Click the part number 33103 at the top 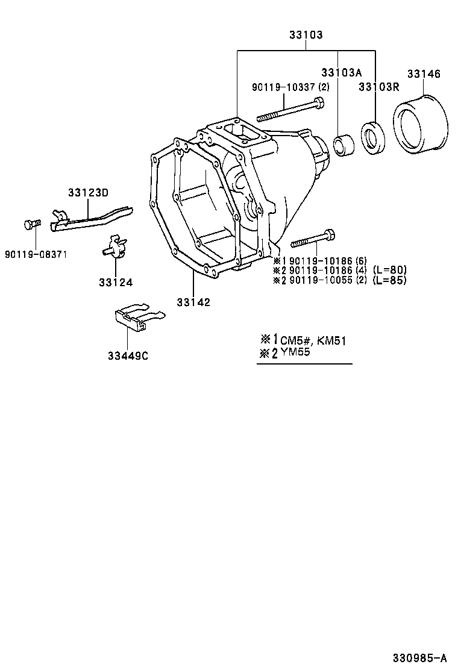(306, 35)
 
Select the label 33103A (341, 73)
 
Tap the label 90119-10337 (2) (290, 87)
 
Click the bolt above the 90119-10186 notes (313, 240)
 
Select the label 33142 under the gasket (193, 302)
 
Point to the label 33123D (88, 192)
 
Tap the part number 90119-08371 (36, 254)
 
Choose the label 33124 (116, 281)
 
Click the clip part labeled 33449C (135, 317)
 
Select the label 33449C (128, 355)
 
